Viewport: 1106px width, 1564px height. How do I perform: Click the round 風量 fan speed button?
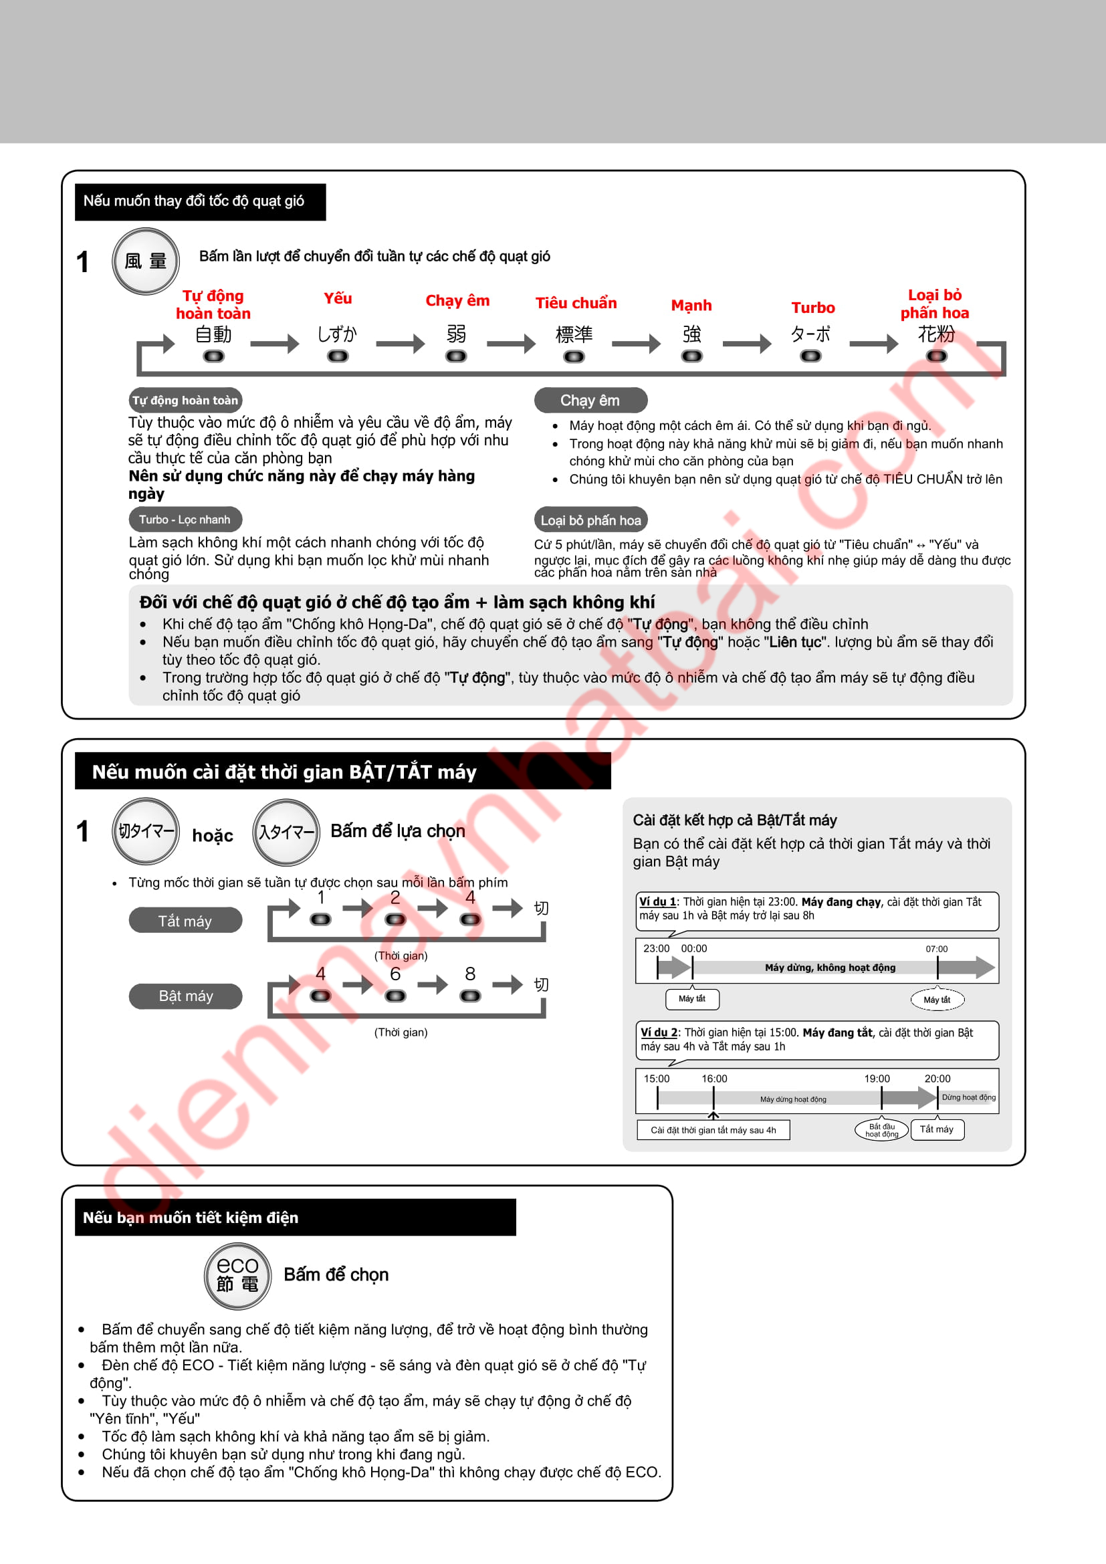coord(145,261)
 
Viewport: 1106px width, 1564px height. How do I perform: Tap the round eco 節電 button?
coord(237,1275)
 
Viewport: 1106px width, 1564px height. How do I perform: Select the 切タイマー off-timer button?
coord(146,831)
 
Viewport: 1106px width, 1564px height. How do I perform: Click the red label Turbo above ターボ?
coord(812,308)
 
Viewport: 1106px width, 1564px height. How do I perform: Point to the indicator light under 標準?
coord(574,356)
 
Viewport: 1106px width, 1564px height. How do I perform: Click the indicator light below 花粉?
coord(936,356)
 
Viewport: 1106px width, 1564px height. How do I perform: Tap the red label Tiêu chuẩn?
coord(576,303)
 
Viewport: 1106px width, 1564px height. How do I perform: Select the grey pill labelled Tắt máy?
coord(185,921)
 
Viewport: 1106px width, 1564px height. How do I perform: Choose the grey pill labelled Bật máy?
coord(185,996)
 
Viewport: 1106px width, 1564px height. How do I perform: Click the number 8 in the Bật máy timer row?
coord(470,974)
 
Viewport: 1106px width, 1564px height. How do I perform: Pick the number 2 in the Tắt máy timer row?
coord(395,898)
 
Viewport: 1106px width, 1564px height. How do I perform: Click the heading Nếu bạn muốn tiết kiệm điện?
coord(191,1217)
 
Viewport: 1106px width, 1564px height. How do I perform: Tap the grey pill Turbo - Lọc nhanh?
coord(185,520)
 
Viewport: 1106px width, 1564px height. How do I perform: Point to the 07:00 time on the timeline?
coord(936,949)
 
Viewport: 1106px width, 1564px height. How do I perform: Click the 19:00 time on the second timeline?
coord(877,1079)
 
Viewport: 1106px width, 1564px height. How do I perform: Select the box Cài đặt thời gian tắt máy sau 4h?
coord(713,1130)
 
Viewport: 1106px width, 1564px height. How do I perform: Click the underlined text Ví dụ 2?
coord(659,1032)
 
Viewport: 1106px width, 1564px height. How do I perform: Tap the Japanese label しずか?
coord(337,334)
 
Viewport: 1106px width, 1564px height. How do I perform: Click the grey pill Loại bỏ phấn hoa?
coord(590,520)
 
